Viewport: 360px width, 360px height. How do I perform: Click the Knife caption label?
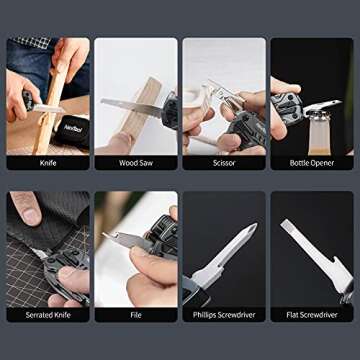point(48,163)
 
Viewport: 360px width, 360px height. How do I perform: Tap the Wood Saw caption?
point(136,163)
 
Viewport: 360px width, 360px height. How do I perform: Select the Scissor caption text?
point(224,163)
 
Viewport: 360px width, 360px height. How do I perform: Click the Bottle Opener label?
point(312,163)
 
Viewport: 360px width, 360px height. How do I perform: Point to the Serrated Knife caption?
point(48,315)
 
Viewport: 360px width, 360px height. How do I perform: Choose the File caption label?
point(136,315)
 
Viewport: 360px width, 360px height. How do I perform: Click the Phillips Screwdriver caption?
point(224,315)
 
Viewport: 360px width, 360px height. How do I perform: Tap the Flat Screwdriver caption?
point(312,315)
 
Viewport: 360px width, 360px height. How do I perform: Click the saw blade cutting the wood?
point(131,106)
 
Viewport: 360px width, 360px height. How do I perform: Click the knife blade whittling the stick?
point(47,108)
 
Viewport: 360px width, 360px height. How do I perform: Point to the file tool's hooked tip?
point(106,235)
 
